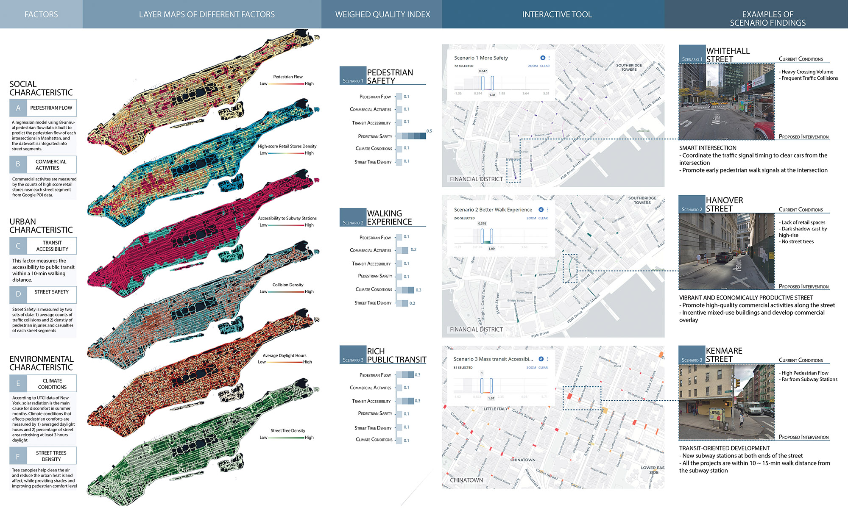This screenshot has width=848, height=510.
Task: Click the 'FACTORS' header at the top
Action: coord(41,14)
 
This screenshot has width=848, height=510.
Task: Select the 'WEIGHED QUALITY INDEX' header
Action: coord(382,14)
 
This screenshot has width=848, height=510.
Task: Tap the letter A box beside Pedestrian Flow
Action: coord(18,108)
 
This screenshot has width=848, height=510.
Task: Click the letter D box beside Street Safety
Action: coord(18,294)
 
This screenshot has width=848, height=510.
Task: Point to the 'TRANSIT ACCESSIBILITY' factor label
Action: coord(52,246)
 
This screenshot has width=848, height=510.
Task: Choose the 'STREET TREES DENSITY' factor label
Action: coord(51,456)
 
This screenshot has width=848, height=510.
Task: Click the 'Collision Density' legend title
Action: coord(288,285)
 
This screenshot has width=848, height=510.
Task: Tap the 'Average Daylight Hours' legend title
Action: coord(284,355)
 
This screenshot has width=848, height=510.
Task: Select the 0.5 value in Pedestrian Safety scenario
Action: coord(429,131)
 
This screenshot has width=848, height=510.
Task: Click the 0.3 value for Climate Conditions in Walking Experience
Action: coord(418,290)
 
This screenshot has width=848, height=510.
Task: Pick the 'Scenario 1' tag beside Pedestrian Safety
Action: coord(353,80)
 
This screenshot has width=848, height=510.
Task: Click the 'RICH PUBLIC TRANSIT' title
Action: coord(396,355)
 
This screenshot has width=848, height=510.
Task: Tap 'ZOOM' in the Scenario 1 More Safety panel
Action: coord(533,66)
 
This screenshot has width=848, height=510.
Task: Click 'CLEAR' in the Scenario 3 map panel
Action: coord(543,368)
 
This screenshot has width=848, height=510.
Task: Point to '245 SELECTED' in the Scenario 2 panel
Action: coord(464,218)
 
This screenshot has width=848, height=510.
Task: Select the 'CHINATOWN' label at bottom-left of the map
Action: coord(466,480)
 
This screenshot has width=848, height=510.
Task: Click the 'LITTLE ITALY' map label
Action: coord(496,409)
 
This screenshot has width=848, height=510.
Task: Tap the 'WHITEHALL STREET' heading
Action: coord(728,55)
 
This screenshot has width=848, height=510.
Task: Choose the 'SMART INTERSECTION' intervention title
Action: coord(708,148)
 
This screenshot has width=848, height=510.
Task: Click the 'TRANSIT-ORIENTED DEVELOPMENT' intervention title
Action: coord(724,448)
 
